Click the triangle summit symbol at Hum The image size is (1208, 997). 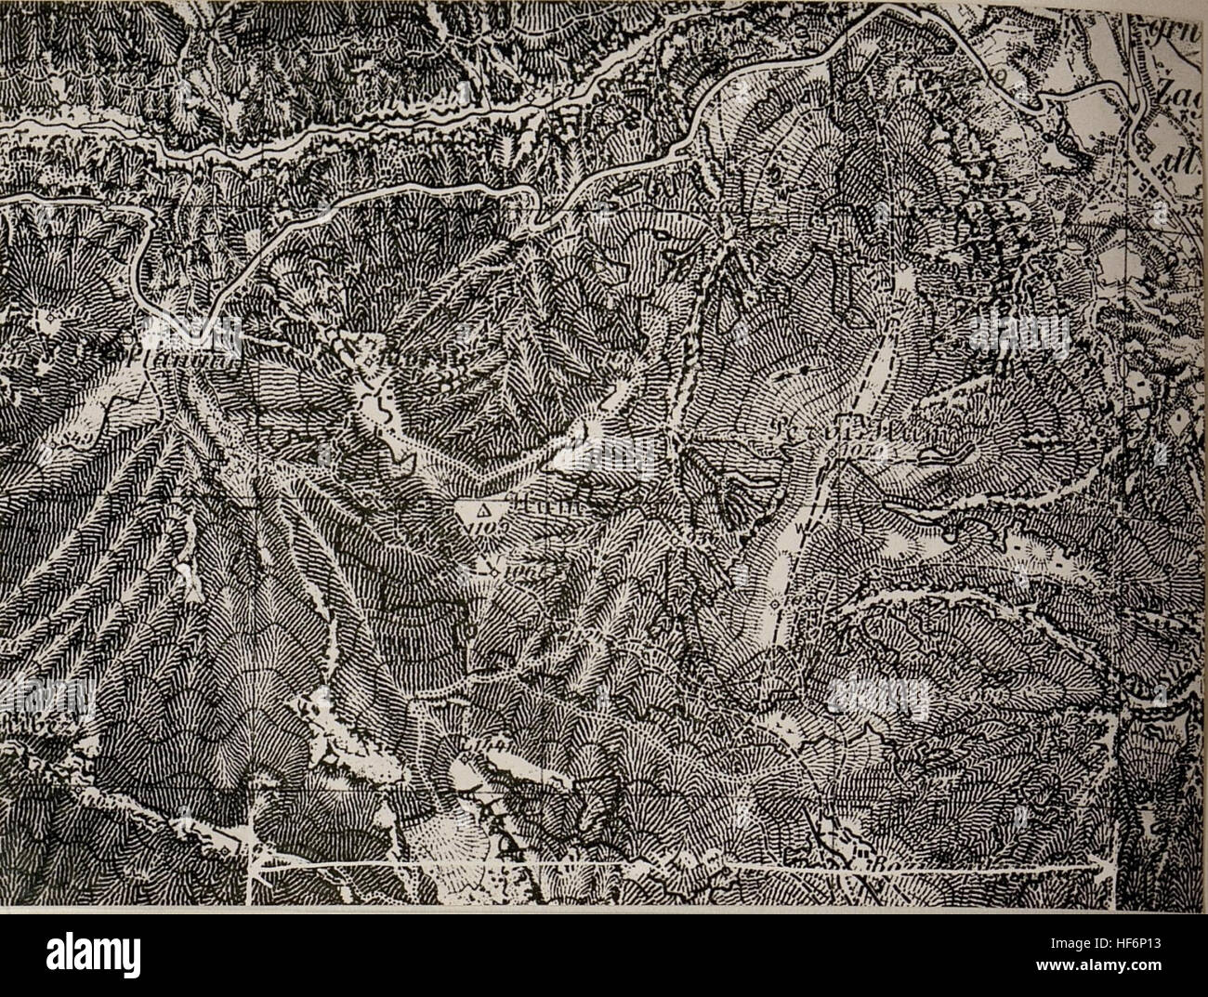coord(482,511)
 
